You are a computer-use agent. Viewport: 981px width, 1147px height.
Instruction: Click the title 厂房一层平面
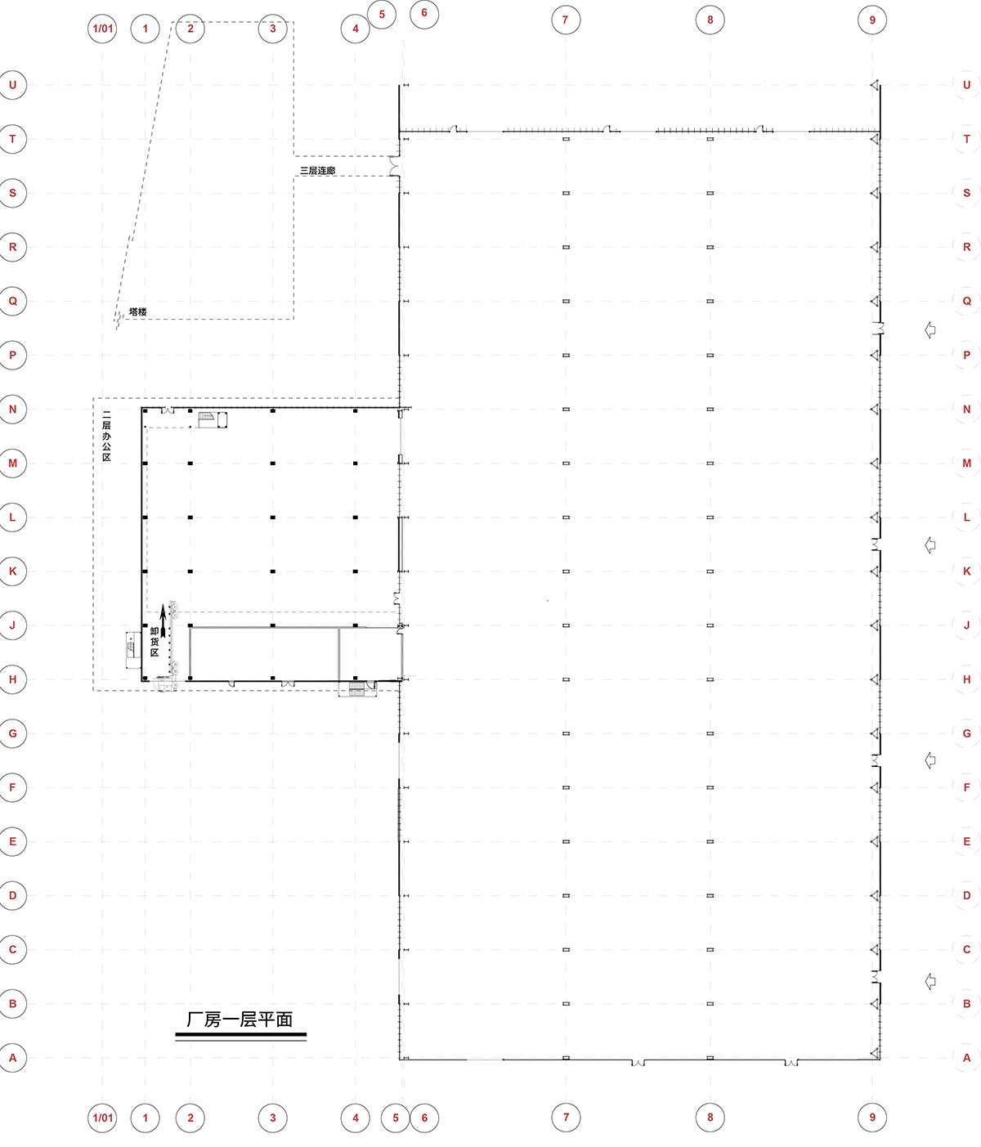(x=240, y=1019)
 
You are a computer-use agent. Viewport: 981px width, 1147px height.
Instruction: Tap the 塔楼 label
(x=137, y=311)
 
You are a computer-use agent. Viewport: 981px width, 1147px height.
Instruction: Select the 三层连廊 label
(x=318, y=170)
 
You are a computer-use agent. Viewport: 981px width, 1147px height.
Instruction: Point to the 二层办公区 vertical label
(x=106, y=437)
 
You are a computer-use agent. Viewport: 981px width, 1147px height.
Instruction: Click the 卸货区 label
(x=155, y=642)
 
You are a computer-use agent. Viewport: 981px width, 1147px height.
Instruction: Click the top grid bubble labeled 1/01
(x=103, y=29)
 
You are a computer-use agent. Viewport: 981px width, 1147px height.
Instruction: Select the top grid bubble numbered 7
(x=566, y=20)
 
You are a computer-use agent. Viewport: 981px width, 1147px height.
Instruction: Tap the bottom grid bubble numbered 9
(x=871, y=1118)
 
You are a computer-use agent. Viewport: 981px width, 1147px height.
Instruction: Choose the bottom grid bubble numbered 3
(x=272, y=1118)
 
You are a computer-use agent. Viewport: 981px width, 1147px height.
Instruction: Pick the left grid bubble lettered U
(x=12, y=85)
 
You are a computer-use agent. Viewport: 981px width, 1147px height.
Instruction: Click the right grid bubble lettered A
(x=966, y=1058)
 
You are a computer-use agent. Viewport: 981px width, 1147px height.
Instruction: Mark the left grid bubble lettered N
(x=12, y=410)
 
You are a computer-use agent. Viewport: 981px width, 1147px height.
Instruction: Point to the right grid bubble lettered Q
(x=966, y=301)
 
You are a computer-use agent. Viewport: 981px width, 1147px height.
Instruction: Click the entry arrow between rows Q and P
(x=930, y=329)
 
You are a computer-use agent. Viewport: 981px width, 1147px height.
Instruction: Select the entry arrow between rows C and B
(x=930, y=981)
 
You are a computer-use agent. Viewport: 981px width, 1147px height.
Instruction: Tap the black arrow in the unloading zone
(x=163, y=621)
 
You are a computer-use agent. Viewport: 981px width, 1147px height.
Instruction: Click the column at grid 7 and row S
(x=566, y=193)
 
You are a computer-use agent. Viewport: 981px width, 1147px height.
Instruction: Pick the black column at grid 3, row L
(x=272, y=517)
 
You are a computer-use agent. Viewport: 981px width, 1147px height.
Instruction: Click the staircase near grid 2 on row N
(x=206, y=417)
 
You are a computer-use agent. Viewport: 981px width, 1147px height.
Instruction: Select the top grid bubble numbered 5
(x=382, y=15)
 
